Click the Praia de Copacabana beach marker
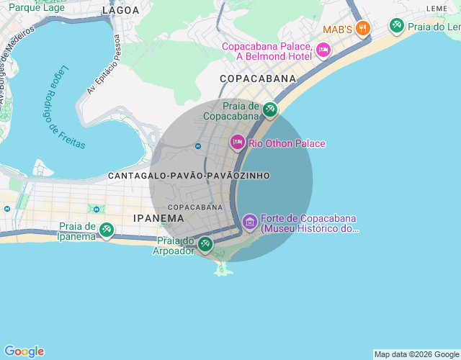coord(270,109)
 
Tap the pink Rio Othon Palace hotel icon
coord(237,143)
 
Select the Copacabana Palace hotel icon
coord(323,50)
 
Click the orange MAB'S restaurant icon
coord(363,29)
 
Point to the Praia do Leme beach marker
coord(396,27)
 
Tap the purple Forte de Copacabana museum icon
coord(249,220)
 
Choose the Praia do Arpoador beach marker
coord(205,244)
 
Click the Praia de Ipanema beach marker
coord(107,230)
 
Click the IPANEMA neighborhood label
coord(158,217)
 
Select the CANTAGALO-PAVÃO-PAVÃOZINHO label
coord(189,176)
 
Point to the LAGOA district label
coord(120,10)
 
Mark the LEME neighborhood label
coord(437,8)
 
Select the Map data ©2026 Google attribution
coord(416,354)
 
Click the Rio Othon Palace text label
coord(287,143)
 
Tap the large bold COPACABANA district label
coord(258,78)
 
